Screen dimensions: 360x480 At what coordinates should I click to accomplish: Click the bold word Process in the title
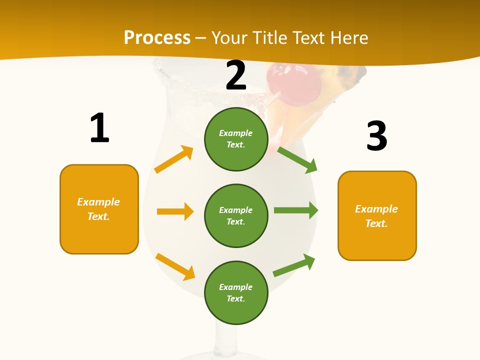click(x=157, y=38)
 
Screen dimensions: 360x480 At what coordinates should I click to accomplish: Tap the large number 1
click(x=99, y=128)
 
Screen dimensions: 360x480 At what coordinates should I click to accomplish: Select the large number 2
click(x=236, y=75)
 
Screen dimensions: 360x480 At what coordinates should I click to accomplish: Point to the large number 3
click(x=377, y=136)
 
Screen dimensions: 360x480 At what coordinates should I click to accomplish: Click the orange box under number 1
click(x=99, y=209)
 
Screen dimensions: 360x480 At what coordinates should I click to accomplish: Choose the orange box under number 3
click(x=377, y=215)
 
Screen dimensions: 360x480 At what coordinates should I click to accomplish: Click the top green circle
click(x=236, y=139)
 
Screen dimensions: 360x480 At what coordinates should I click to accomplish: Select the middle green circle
click(x=236, y=215)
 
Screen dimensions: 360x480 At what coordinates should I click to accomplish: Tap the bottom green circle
click(x=236, y=292)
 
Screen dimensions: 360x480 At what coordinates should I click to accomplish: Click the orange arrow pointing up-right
click(x=174, y=159)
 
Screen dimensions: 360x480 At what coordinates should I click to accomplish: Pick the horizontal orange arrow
click(x=175, y=211)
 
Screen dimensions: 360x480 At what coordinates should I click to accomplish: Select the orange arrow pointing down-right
click(x=175, y=266)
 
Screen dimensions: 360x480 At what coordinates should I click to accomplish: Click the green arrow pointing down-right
click(x=297, y=159)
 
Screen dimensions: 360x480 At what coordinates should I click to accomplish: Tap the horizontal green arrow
click(x=296, y=210)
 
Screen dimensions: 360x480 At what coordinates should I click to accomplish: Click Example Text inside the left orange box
click(x=98, y=209)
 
